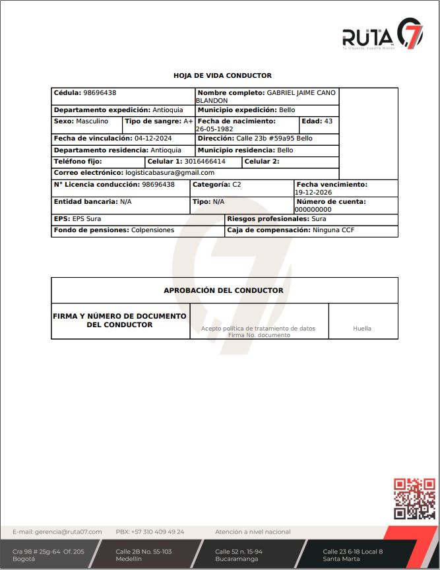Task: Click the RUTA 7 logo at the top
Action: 382,34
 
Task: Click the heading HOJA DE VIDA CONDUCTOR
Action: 222,76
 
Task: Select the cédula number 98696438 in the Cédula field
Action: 100,93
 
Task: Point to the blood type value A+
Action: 188,121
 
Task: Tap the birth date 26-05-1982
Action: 214,129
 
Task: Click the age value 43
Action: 329,121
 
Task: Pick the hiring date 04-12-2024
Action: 153,139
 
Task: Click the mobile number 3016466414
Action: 204,162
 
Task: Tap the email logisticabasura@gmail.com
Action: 170,173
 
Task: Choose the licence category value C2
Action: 237,185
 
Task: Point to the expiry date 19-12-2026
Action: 313,192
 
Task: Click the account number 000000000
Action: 313,209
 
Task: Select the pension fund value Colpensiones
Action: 152,230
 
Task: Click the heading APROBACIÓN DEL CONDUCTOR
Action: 224,290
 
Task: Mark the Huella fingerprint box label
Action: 362,328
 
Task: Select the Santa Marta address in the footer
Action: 352,555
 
